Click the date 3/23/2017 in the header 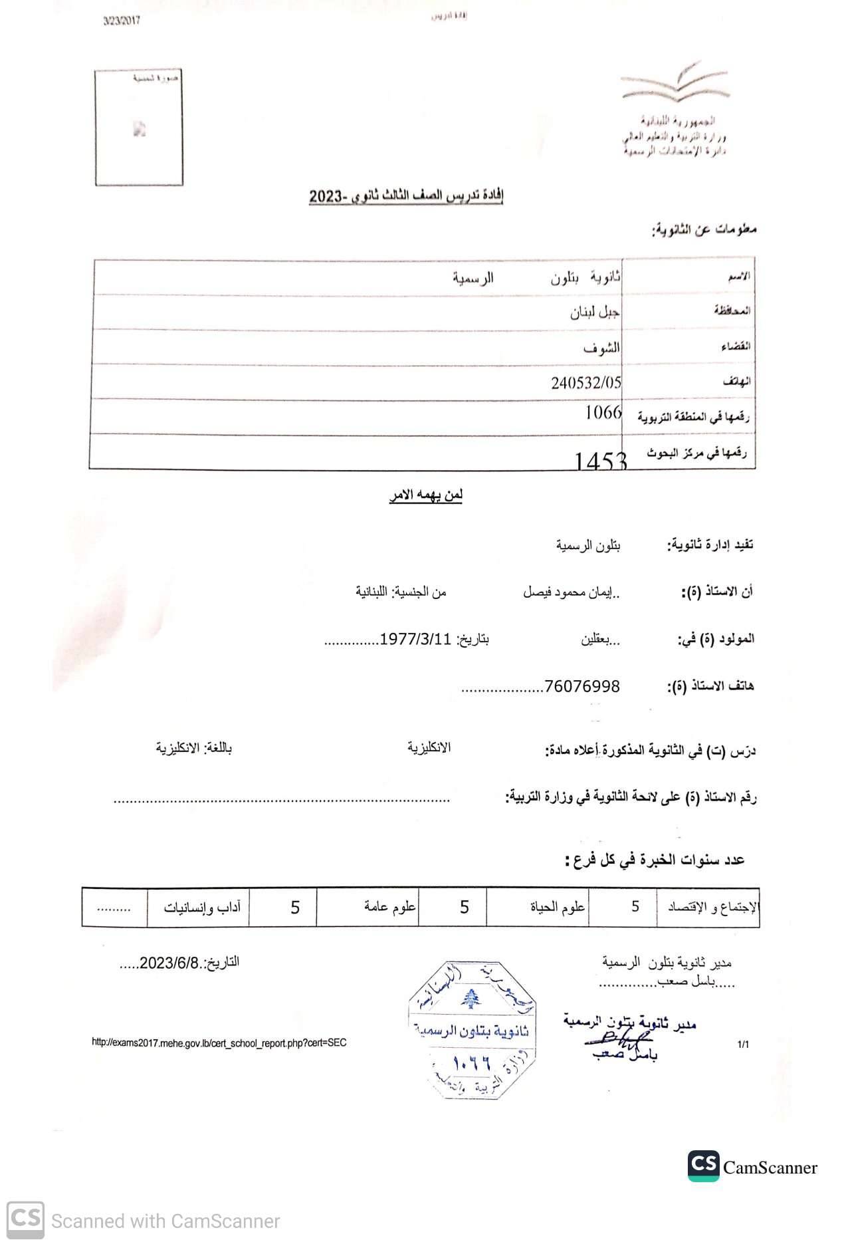121,21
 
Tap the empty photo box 139,128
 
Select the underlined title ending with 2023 406,197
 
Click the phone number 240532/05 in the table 586,382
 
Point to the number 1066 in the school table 603,413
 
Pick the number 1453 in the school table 600,460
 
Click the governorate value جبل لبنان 595,312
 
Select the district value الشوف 602,348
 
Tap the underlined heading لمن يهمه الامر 426,495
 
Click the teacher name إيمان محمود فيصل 572,592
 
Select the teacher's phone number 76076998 582,686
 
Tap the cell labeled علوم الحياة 558,907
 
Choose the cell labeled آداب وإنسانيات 202,907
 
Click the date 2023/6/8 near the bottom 169,963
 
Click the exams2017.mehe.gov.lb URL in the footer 219,1043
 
